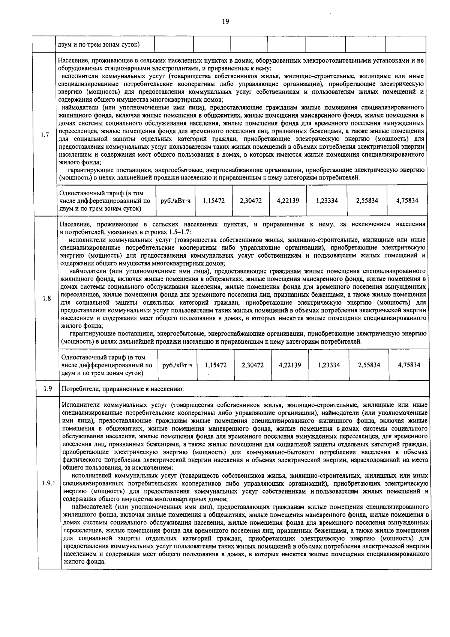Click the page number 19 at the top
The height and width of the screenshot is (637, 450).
[x=225, y=21]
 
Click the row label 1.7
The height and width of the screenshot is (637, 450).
[x=45, y=135]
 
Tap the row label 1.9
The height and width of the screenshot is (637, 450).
[x=48, y=389]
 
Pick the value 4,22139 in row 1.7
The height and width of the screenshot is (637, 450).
[x=288, y=201]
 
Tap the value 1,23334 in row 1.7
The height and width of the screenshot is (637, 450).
[x=327, y=201]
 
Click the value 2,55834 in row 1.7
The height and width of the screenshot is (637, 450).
[x=367, y=201]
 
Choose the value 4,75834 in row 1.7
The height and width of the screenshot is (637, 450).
[x=407, y=201]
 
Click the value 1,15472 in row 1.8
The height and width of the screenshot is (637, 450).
[x=216, y=365]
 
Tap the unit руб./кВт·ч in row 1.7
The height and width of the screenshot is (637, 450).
[x=175, y=201]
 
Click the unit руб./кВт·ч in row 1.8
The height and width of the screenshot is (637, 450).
[x=177, y=365]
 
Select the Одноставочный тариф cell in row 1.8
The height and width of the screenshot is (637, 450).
[x=107, y=365]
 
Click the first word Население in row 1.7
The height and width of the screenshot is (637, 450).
[x=73, y=60]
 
